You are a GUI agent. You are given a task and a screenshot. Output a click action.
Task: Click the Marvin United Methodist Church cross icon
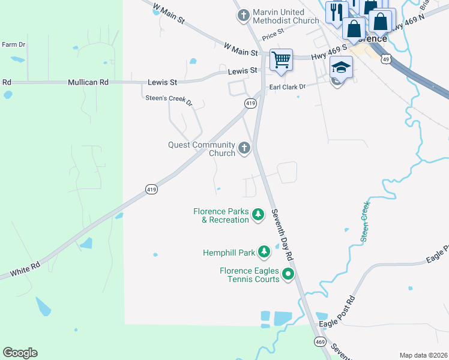point(243,15)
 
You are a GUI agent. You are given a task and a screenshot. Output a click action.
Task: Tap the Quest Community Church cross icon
point(244,147)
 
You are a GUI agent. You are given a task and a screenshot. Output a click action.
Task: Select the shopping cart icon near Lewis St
point(280,59)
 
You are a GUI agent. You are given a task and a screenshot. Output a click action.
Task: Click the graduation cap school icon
point(340,68)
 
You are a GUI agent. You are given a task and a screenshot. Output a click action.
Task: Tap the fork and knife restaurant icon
point(336,11)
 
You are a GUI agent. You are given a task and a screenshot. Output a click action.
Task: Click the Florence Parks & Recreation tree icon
point(258,214)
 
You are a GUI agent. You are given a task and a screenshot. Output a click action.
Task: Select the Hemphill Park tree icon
point(264,251)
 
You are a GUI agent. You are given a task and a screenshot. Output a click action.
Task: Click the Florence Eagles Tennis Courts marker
point(288,275)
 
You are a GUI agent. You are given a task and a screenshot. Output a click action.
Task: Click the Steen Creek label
point(364,222)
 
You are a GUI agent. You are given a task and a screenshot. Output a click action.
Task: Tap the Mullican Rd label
point(88,82)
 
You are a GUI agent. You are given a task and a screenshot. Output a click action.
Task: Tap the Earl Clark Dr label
point(287,87)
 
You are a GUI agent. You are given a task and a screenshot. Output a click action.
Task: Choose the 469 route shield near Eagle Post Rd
point(319,341)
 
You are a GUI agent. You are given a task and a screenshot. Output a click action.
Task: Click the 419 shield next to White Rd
point(151,190)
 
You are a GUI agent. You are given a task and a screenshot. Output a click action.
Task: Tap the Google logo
point(20,352)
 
